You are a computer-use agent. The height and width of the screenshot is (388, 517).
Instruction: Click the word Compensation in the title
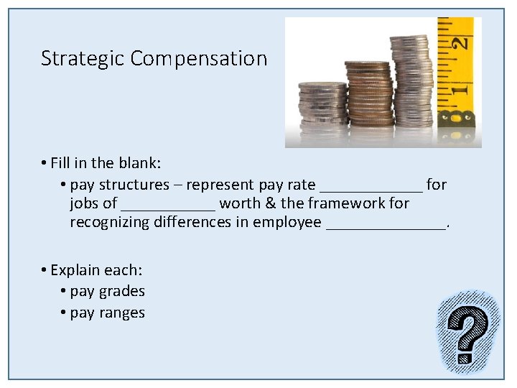pyautogui.click(x=199, y=59)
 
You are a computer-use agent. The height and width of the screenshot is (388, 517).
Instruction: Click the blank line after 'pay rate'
pyautogui.click(x=371, y=185)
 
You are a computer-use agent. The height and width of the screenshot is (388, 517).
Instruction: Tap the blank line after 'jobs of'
pyautogui.click(x=168, y=204)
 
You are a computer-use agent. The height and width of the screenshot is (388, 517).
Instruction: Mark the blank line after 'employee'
pyautogui.click(x=386, y=223)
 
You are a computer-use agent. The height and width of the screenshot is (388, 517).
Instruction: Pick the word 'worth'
pyautogui.click(x=240, y=203)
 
